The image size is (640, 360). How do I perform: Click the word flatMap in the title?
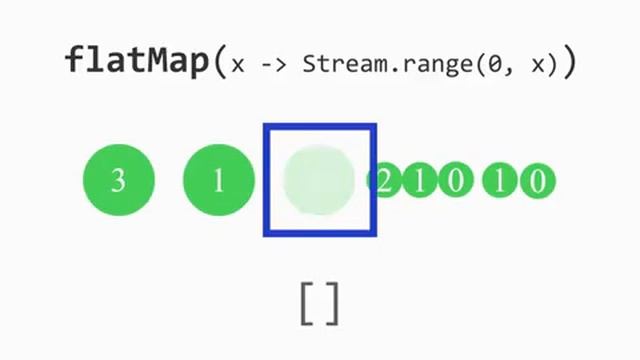click(138, 61)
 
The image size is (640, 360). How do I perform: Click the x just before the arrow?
click(238, 66)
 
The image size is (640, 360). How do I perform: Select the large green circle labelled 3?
click(118, 181)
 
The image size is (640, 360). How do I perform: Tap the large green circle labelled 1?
click(219, 181)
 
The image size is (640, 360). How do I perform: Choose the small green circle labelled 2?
click(385, 181)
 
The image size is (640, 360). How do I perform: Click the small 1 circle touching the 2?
click(420, 181)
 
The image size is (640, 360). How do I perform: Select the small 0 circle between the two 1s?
click(455, 181)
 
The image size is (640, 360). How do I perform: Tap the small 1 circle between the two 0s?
click(500, 181)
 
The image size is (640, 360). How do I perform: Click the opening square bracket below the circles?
click(306, 303)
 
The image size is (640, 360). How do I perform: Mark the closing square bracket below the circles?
click(333, 303)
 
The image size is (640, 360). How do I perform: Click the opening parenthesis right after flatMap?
click(221, 63)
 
